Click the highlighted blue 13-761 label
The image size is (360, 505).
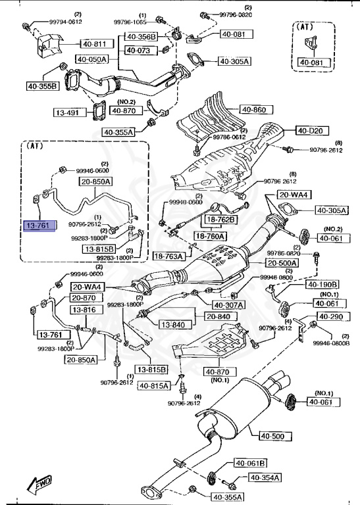pyautogui.click(x=39, y=226)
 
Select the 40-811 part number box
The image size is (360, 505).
pyautogui.click(x=93, y=44)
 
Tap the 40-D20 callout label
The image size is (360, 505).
pyautogui.click(x=309, y=131)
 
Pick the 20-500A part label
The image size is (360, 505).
pyautogui.click(x=282, y=263)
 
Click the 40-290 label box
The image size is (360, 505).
pyautogui.click(x=332, y=318)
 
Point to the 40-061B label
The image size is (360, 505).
pyautogui.click(x=251, y=463)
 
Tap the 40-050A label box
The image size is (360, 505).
pyautogui.click(x=91, y=59)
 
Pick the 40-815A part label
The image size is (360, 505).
pyautogui.click(x=153, y=385)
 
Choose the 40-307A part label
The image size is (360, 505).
pyautogui.click(x=227, y=304)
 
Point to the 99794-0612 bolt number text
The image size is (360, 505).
pyautogui.click(x=66, y=21)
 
